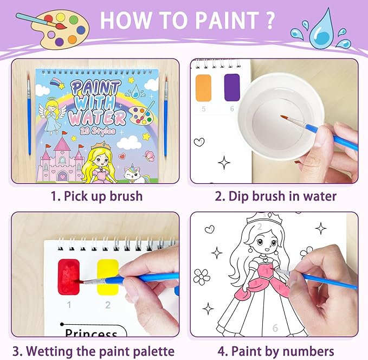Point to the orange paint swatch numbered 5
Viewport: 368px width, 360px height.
tap(203, 86)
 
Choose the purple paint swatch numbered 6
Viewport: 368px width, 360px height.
tap(232, 86)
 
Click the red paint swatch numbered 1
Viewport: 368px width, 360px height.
tap(69, 277)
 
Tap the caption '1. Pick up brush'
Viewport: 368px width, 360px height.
tap(96, 196)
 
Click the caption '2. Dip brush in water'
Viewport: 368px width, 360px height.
tap(275, 196)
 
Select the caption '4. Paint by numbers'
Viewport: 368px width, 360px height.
tap(275, 351)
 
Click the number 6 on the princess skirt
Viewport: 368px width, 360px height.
tap(275, 328)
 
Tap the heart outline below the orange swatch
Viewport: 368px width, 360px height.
tap(199, 142)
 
